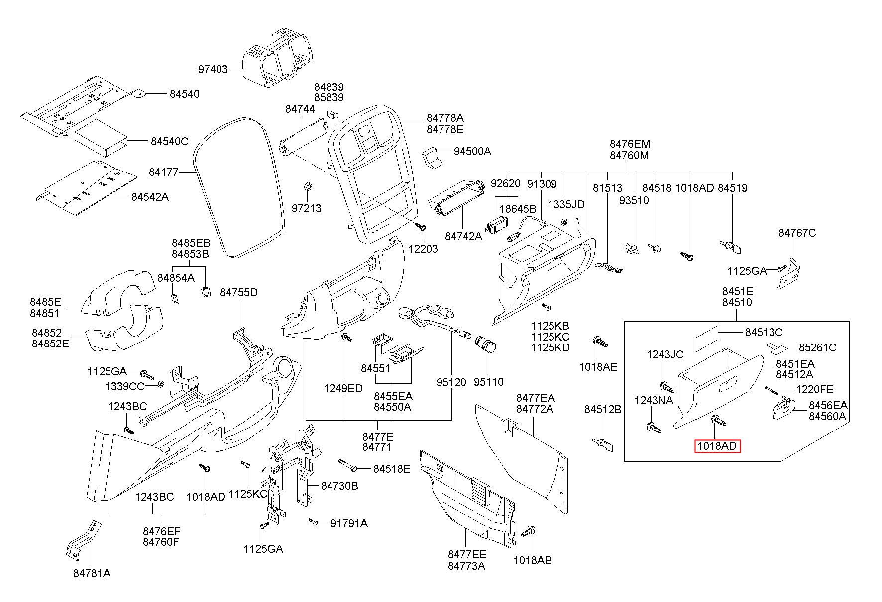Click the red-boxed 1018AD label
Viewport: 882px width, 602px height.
click(x=718, y=446)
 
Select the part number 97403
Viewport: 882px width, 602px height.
click(x=213, y=69)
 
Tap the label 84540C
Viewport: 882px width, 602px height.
click(x=169, y=142)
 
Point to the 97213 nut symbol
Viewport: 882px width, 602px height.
click(x=307, y=187)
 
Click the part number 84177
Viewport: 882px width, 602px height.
click(x=163, y=172)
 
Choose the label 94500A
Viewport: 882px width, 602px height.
click(x=472, y=151)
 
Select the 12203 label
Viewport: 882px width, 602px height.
click(x=423, y=249)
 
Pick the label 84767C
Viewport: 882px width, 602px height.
click(x=797, y=233)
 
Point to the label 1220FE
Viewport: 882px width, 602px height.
click(x=815, y=389)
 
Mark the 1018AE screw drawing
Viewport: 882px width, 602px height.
click(x=600, y=343)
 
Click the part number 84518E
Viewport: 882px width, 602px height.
click(x=392, y=469)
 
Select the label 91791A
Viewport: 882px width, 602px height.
click(x=349, y=523)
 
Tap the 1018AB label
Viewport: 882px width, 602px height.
click(x=533, y=560)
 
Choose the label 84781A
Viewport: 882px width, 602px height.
click(x=92, y=573)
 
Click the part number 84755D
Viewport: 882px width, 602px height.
click(x=239, y=292)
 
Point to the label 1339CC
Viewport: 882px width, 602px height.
click(x=124, y=386)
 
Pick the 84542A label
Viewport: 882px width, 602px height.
click(x=150, y=197)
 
